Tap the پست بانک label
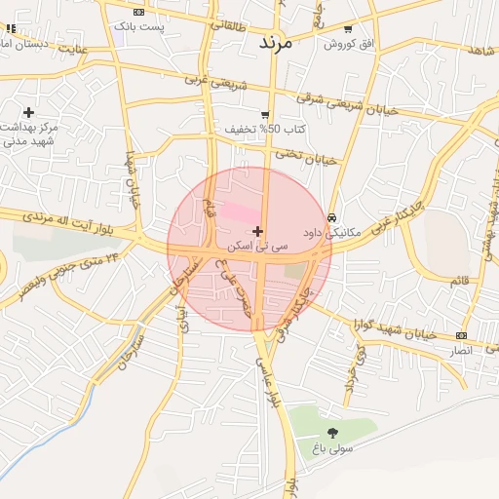coord(139,25)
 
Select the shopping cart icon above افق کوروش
coord(349,29)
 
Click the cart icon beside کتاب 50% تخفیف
coord(264,114)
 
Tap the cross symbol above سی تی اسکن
coord(256,231)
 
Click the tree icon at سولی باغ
coord(332,432)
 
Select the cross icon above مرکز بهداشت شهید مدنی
coord(28,112)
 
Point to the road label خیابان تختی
coord(304,156)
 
